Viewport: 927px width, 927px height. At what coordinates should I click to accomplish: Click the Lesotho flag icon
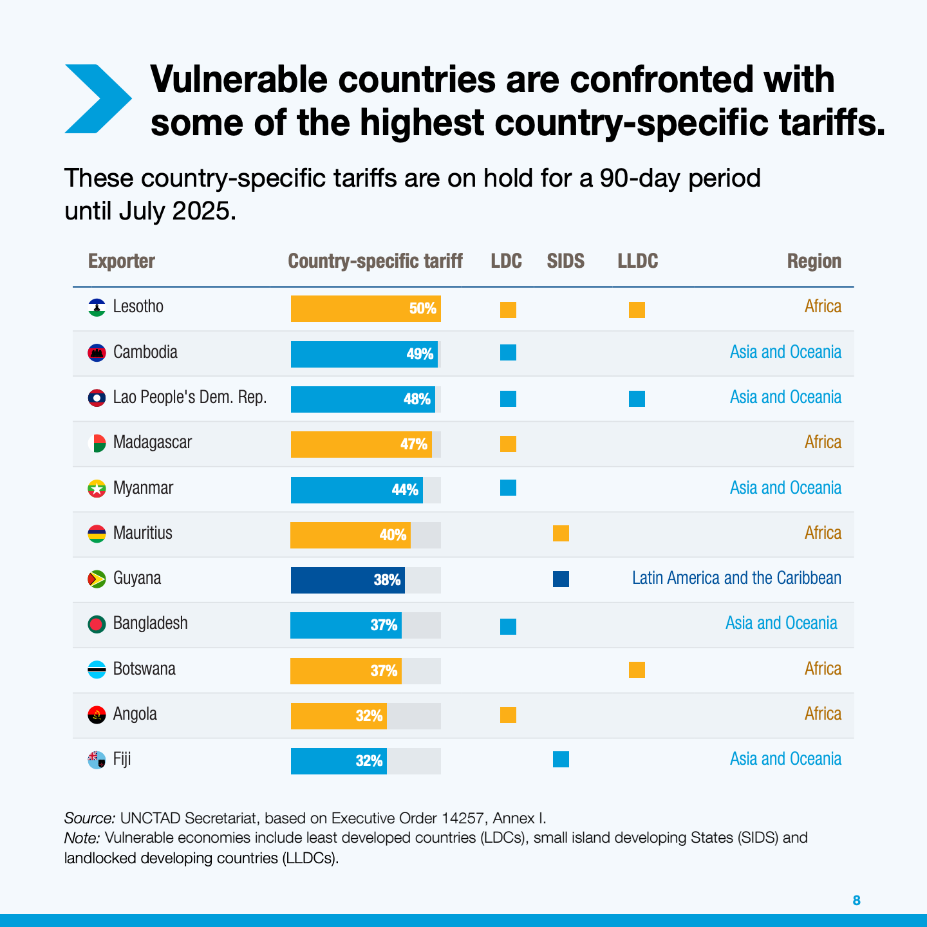(x=97, y=307)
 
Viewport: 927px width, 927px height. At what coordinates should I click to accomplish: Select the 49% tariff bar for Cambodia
(x=364, y=354)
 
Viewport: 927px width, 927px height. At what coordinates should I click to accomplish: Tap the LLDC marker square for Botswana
(x=637, y=669)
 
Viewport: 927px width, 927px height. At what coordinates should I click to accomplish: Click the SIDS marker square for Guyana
(x=561, y=579)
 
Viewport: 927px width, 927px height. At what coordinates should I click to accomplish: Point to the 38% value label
(x=387, y=580)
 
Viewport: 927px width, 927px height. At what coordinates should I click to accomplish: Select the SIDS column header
(x=565, y=261)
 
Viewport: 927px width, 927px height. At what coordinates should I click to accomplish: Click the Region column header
(x=814, y=261)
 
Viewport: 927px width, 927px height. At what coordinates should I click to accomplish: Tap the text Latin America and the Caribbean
(x=736, y=578)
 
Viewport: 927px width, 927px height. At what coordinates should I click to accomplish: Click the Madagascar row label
(x=152, y=442)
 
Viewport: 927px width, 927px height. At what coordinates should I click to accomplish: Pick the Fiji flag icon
(x=97, y=760)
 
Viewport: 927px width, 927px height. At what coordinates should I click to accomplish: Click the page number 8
(x=856, y=900)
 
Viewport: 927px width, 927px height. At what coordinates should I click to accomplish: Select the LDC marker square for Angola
(x=508, y=715)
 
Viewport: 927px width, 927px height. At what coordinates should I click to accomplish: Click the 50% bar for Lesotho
(x=365, y=308)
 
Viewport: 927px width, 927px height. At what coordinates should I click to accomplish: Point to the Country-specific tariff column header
(x=375, y=261)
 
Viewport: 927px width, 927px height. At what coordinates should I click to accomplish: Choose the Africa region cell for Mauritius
(x=823, y=533)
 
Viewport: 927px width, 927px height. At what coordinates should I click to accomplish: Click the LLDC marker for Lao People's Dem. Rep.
(x=637, y=398)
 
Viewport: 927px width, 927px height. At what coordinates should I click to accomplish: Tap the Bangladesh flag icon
(x=97, y=624)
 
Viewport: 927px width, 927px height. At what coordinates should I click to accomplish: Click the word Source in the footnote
(x=89, y=818)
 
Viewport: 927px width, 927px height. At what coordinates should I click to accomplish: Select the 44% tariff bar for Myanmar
(x=357, y=490)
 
